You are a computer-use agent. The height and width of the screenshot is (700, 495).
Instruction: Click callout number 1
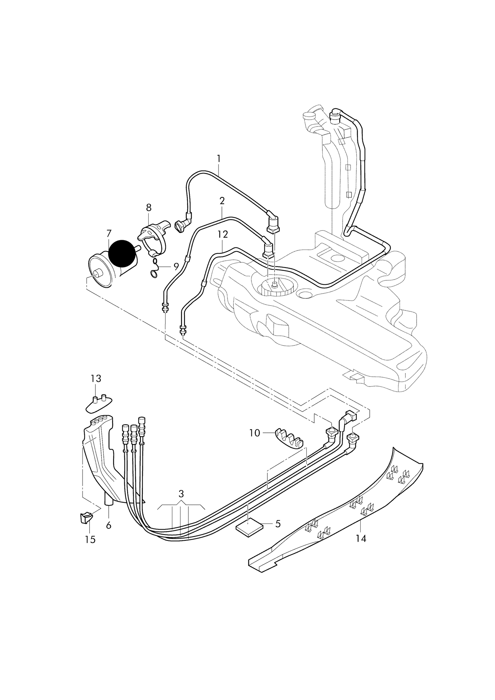219,159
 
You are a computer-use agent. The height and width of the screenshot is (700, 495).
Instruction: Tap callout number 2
222,201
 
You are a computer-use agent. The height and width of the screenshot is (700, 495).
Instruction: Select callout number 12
222,234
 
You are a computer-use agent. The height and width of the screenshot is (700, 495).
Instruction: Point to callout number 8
149,208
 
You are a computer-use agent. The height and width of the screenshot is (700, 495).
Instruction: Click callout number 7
109,234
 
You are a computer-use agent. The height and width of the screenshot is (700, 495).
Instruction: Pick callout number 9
176,266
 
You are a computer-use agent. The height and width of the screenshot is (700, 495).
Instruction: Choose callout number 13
96,379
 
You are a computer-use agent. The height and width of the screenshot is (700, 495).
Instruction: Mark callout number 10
255,433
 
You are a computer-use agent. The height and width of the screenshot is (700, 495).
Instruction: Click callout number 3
181,494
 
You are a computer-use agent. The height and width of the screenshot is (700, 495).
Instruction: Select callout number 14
361,539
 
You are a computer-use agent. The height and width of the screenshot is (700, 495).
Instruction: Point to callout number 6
109,525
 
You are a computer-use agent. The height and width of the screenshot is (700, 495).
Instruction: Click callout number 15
90,540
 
